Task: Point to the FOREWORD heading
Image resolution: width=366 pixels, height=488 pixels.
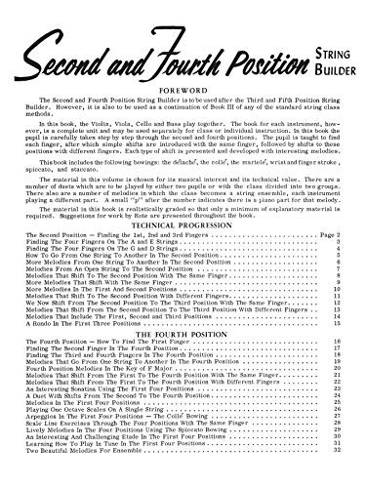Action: (182, 69)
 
